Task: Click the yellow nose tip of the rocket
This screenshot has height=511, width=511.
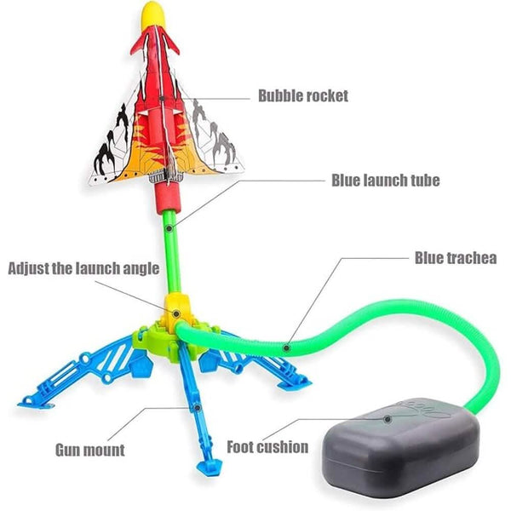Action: click(152, 12)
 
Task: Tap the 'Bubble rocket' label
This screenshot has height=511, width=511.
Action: click(303, 96)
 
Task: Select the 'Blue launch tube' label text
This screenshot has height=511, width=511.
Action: click(385, 181)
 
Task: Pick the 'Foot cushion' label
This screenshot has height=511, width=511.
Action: click(268, 446)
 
